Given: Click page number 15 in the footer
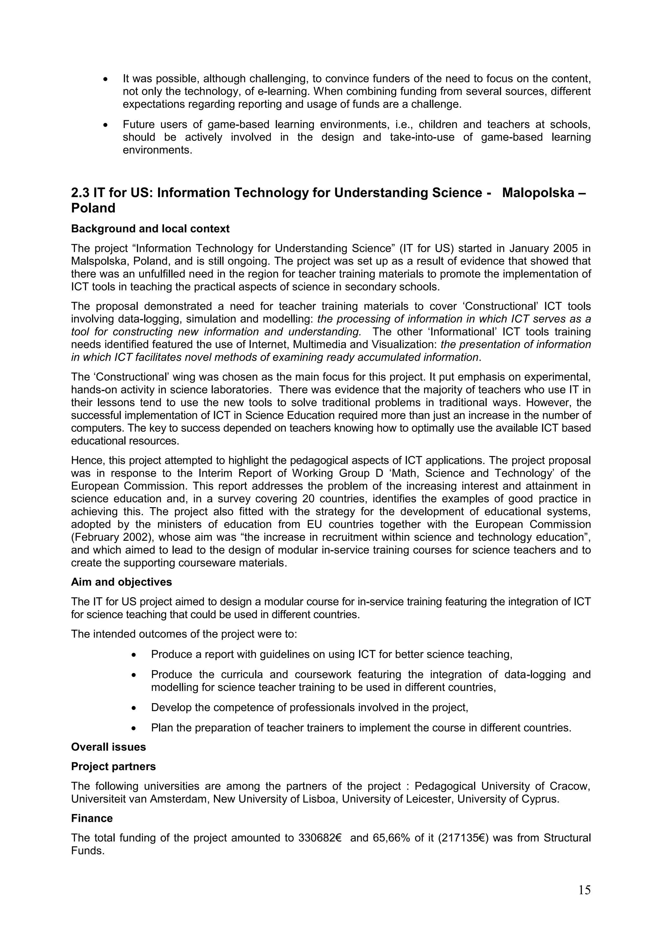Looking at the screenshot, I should [584, 890].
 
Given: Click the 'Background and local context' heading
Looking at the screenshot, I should [150, 229].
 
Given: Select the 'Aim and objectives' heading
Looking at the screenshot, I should [121, 582].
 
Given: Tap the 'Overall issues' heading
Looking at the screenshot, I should [108, 747].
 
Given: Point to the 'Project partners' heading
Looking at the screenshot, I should [113, 767].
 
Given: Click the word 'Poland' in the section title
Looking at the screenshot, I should [93, 208].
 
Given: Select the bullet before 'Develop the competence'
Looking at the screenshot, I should [134, 708].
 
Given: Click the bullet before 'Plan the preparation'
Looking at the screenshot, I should [134, 728].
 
